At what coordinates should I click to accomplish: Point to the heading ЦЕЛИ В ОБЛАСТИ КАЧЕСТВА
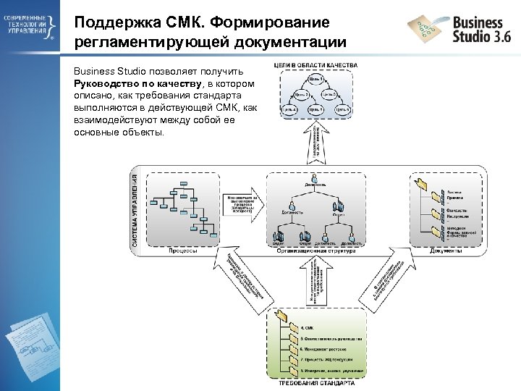coord(315,66)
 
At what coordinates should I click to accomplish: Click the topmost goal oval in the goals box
coord(316,79)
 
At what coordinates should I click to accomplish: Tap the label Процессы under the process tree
coord(184,251)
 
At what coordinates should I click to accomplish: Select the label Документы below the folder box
coord(446,251)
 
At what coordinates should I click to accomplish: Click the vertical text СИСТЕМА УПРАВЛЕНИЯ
coord(135,210)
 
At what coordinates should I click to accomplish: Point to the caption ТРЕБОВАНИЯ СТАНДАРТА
coord(316,383)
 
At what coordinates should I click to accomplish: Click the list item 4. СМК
coord(307,328)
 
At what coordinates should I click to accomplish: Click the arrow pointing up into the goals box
coord(316,141)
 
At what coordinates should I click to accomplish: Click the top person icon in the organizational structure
coord(315,179)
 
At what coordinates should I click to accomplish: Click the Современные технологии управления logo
coord(30,28)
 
